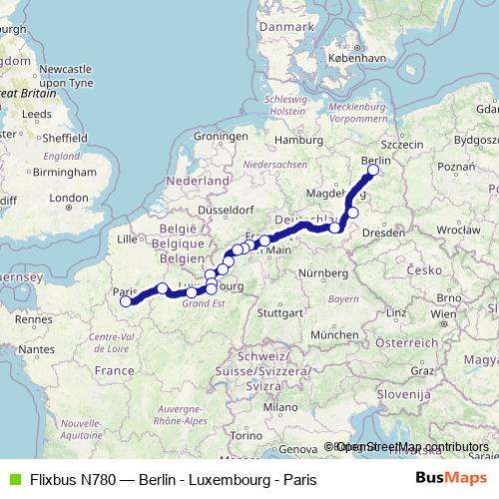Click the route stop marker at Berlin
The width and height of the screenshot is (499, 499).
point(373,171)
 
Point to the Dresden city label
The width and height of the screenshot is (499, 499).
point(384,232)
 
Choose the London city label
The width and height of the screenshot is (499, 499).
point(69,199)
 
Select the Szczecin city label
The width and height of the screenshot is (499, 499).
point(402,145)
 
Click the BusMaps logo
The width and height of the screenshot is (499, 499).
point(450,479)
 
